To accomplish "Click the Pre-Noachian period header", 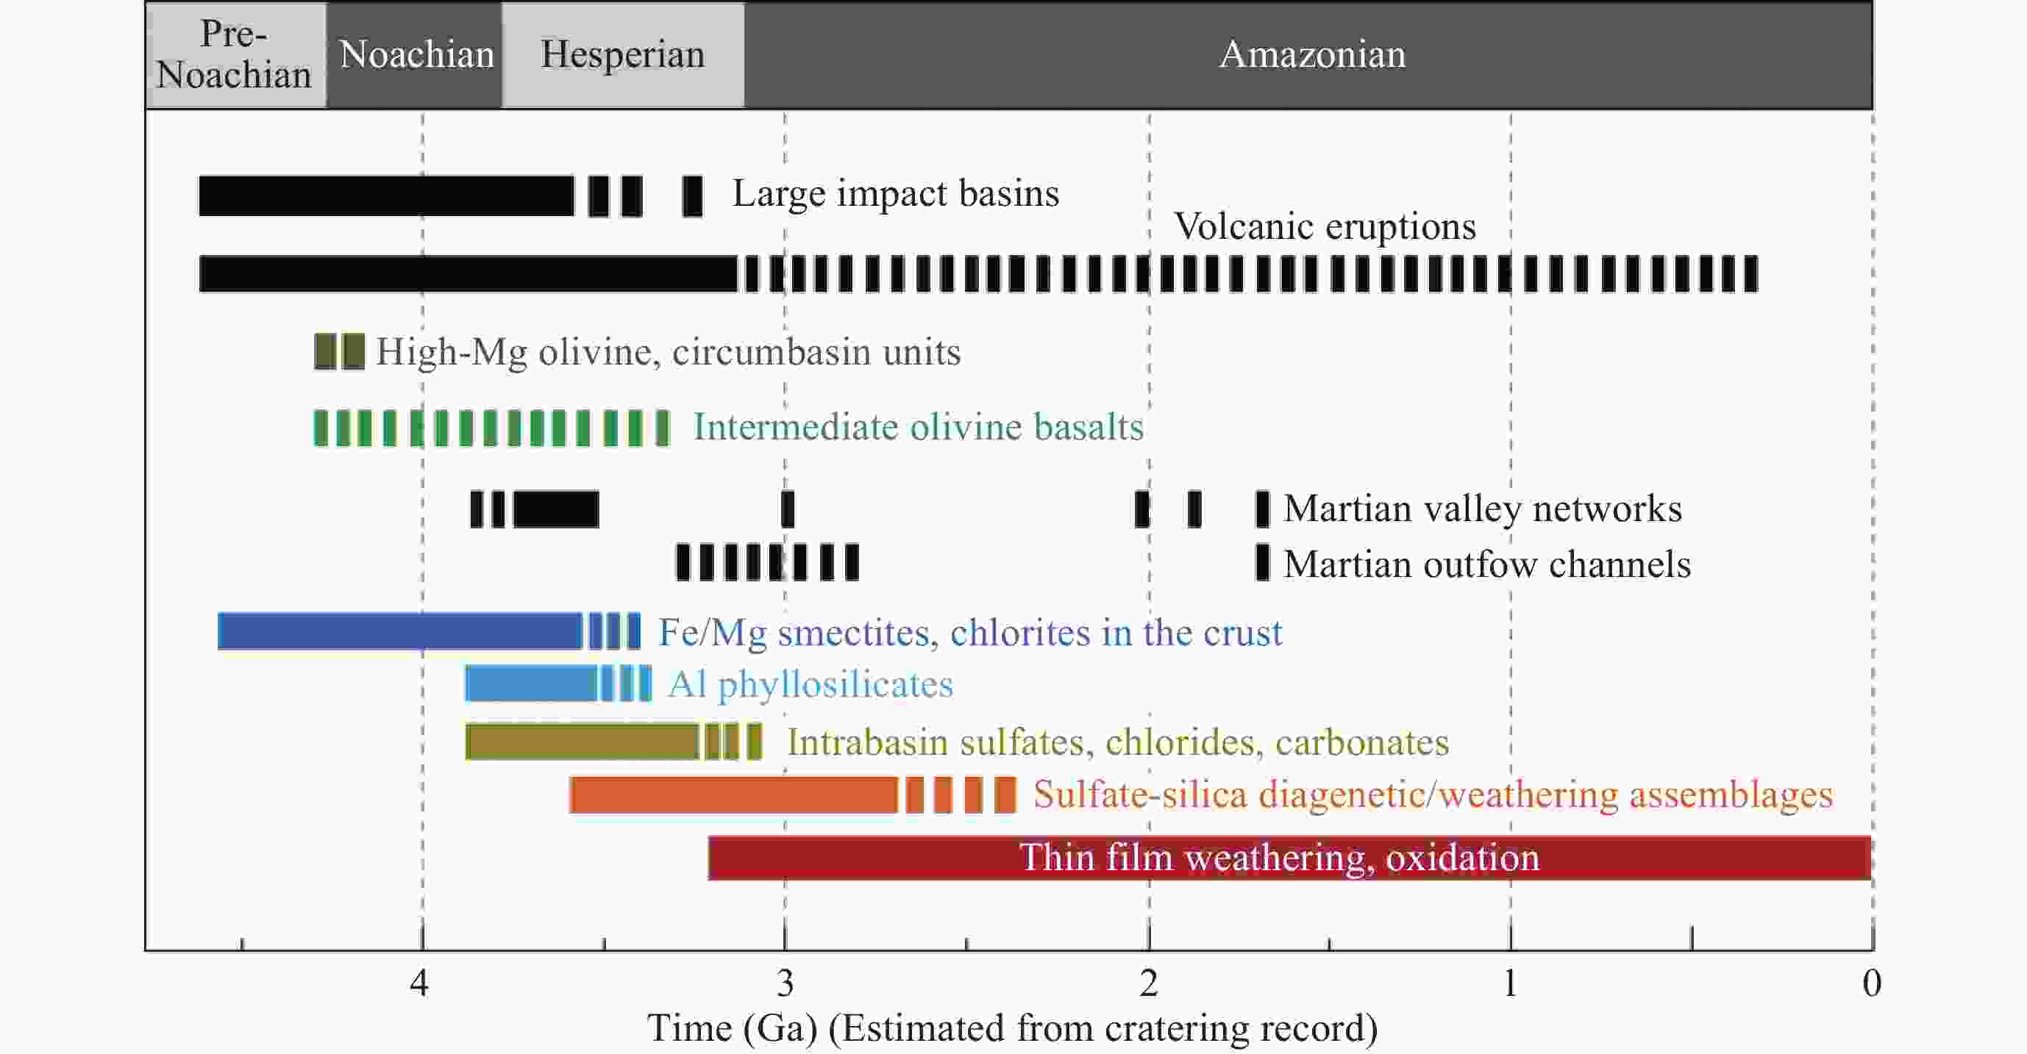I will point(235,55).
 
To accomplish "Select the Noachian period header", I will point(416,55).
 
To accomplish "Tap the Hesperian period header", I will point(622,55).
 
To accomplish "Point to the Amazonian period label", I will point(1311,55).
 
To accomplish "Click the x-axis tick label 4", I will point(419,983).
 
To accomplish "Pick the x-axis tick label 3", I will point(785,983).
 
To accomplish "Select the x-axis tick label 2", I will point(1148,983).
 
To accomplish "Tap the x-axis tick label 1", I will point(1509,983).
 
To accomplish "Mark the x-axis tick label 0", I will point(1872,983).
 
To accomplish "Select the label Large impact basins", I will point(896,193).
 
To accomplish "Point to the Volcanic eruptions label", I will point(1325,227).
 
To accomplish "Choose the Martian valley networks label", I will point(1483,509).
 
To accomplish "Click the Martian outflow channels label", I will point(1487,564).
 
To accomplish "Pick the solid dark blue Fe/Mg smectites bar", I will point(399,631).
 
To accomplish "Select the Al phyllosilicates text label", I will point(811,684).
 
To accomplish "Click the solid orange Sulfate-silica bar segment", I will point(733,795).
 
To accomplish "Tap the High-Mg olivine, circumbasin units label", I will point(668,351).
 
